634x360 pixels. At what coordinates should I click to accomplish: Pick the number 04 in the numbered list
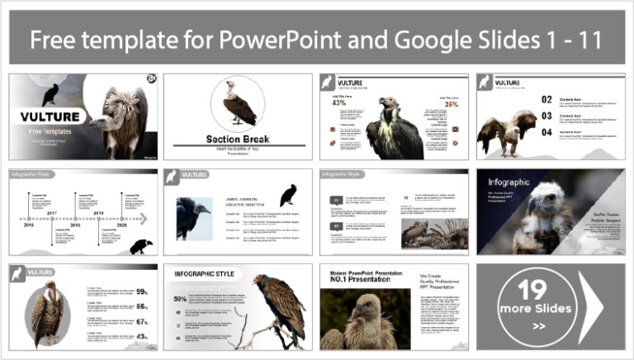pos(523,131)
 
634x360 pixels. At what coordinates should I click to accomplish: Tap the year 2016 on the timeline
pos(76,225)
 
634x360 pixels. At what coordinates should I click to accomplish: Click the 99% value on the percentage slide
pos(142,291)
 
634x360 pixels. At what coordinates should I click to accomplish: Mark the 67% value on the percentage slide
pos(142,321)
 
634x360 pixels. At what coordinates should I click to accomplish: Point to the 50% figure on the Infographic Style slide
pos(179,300)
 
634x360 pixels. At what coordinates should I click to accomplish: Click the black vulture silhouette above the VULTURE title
pos(51,93)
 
